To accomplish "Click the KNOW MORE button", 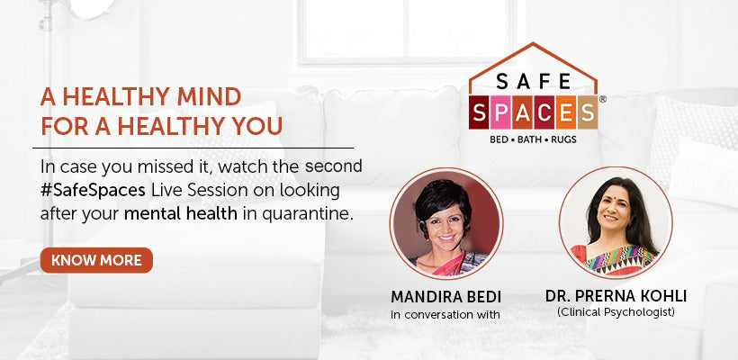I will (96, 260).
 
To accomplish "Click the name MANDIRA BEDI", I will (445, 296).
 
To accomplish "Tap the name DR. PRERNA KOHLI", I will (616, 296).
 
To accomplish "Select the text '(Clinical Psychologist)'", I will (616, 312).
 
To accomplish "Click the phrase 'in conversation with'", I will (445, 314).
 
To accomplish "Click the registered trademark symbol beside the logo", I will (601, 99).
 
